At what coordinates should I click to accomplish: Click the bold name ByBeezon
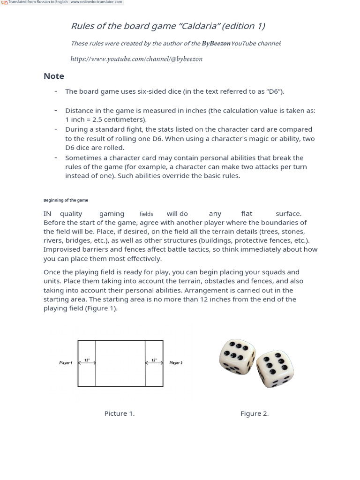coord(216,44)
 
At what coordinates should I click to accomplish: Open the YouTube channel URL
coord(136,59)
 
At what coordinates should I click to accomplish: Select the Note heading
coord(54,76)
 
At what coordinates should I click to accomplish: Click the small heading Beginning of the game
coord(66,200)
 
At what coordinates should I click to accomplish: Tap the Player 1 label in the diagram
coord(66,363)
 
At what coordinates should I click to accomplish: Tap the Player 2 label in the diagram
coord(176,363)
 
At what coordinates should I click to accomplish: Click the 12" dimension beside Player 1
coord(87,360)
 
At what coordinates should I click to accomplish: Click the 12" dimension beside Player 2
coord(154,360)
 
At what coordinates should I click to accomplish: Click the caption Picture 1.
coord(120,413)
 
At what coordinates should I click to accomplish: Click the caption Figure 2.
coord(255,413)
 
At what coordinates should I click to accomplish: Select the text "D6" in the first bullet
coord(274,91)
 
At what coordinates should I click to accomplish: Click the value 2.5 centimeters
coord(122,120)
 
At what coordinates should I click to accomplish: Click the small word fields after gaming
coord(146,214)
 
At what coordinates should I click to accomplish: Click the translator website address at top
coord(96,2)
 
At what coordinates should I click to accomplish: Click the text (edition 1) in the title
coord(243,26)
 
